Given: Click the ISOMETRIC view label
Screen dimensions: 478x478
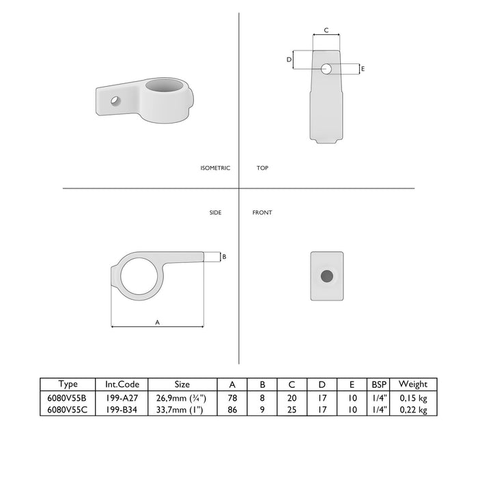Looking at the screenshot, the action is point(215,168).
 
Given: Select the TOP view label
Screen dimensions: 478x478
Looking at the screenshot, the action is point(262,168).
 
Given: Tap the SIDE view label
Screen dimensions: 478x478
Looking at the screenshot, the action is point(216,212).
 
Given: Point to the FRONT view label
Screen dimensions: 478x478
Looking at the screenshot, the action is point(262,212).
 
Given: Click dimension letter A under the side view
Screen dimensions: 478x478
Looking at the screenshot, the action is point(157,322).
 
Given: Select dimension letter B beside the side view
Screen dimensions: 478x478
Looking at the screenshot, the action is point(225,257).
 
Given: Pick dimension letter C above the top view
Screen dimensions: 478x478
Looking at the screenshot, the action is point(326,30).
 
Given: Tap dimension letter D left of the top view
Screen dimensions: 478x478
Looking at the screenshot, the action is point(289,60).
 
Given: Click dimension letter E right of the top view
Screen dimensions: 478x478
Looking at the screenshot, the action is point(363,69).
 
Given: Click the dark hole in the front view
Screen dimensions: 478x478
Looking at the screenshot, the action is point(327,276).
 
